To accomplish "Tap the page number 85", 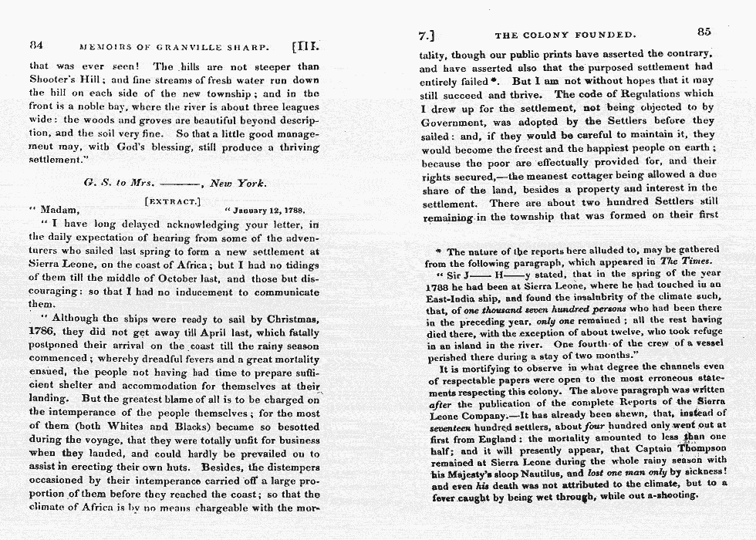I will coord(703,32).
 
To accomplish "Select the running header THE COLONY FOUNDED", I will coord(565,35).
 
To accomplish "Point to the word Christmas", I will coord(291,319).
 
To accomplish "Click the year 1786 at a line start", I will coord(44,333).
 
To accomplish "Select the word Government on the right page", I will coord(457,122).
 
